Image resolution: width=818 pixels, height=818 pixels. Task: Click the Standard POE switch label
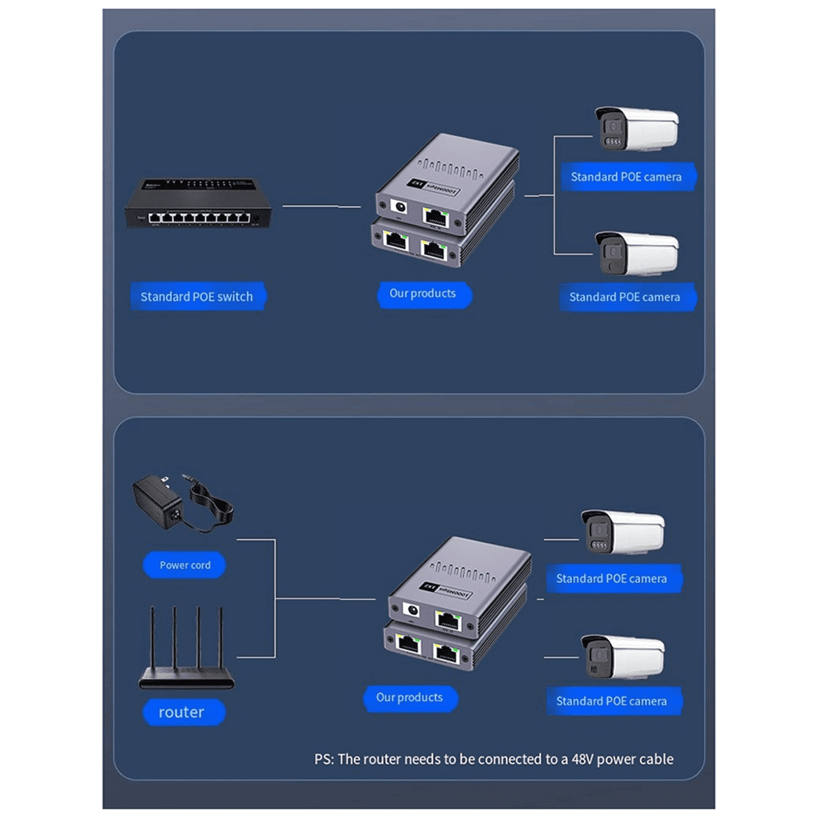coord(197,297)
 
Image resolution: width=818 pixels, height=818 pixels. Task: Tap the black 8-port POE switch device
coord(198,204)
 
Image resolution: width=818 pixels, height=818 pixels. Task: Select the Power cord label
coord(185,565)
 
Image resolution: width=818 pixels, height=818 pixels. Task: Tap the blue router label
coord(181,712)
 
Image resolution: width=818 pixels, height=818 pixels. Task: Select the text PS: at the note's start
coord(324,759)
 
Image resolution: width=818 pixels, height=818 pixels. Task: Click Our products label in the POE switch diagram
coord(423,294)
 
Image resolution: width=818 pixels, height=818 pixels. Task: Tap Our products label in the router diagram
coord(410,698)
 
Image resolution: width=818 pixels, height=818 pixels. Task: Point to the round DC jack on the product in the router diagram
coord(412,611)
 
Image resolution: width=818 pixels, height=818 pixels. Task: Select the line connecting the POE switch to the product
coord(320,205)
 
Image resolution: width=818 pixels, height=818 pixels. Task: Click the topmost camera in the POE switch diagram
coord(636,129)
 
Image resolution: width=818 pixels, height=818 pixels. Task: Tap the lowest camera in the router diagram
coord(622,657)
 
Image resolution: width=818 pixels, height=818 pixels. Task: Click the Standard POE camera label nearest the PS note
coord(611,701)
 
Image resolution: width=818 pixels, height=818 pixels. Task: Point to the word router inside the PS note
coord(382,759)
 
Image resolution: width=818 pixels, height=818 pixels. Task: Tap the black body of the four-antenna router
coord(186,680)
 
